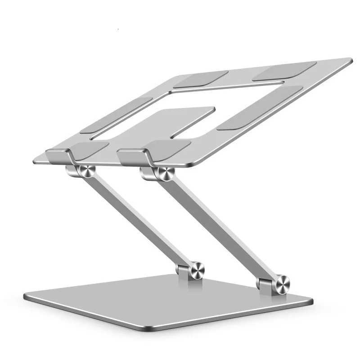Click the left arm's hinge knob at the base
click(x=196, y=270)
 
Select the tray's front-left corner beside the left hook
click(x=36, y=160)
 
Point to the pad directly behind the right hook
click(x=166, y=146)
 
